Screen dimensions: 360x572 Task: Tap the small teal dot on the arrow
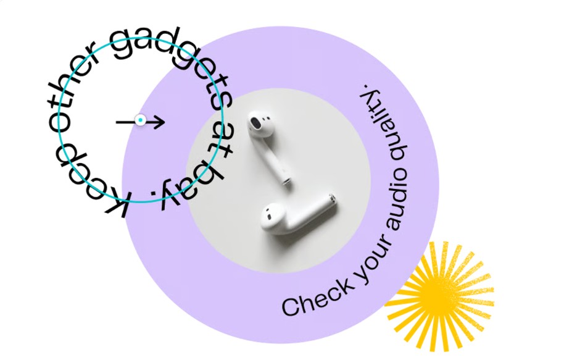pyautogui.click(x=141, y=120)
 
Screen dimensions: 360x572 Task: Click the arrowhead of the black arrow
pyautogui.click(x=160, y=122)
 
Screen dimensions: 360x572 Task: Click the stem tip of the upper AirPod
pyautogui.click(x=286, y=181)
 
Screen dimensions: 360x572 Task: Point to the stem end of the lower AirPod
pyautogui.click(x=331, y=199)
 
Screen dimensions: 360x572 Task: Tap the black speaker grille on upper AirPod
pyautogui.click(x=255, y=121)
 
